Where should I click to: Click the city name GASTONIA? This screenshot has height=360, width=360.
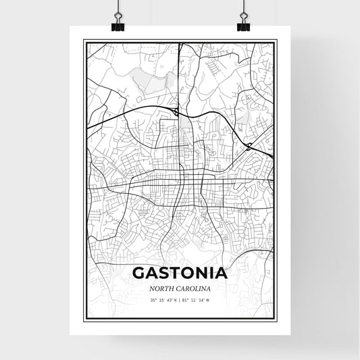180,274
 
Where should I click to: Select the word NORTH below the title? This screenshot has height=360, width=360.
163,289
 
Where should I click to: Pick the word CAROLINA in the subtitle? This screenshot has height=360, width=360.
195,289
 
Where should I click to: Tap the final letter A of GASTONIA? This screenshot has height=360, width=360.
220,274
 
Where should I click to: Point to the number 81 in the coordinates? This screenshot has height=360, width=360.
186,301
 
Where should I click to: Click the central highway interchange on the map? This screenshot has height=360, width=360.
176,112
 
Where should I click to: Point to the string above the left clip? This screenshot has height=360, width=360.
118,7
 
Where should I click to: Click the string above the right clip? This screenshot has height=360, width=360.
243,7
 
